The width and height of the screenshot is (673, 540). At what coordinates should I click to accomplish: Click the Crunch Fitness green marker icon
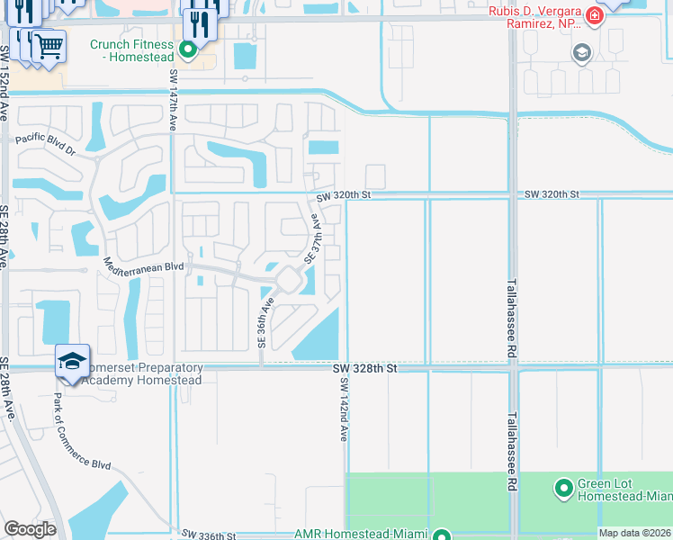coord(189,50)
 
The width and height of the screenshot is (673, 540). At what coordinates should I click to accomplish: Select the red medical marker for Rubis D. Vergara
coord(594,16)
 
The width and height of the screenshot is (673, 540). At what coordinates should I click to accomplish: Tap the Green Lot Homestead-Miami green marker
coord(564,489)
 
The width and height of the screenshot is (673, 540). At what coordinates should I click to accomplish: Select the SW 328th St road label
coord(364,368)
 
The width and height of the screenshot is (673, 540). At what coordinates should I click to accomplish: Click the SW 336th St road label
coord(208,535)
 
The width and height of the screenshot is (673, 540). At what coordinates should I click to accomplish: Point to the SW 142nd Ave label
coord(343,409)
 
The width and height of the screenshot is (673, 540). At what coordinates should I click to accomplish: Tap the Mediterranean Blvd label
coord(144,267)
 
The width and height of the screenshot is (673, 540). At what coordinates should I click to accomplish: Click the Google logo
coord(30,529)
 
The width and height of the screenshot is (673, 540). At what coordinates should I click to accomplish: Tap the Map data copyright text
coord(634,534)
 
